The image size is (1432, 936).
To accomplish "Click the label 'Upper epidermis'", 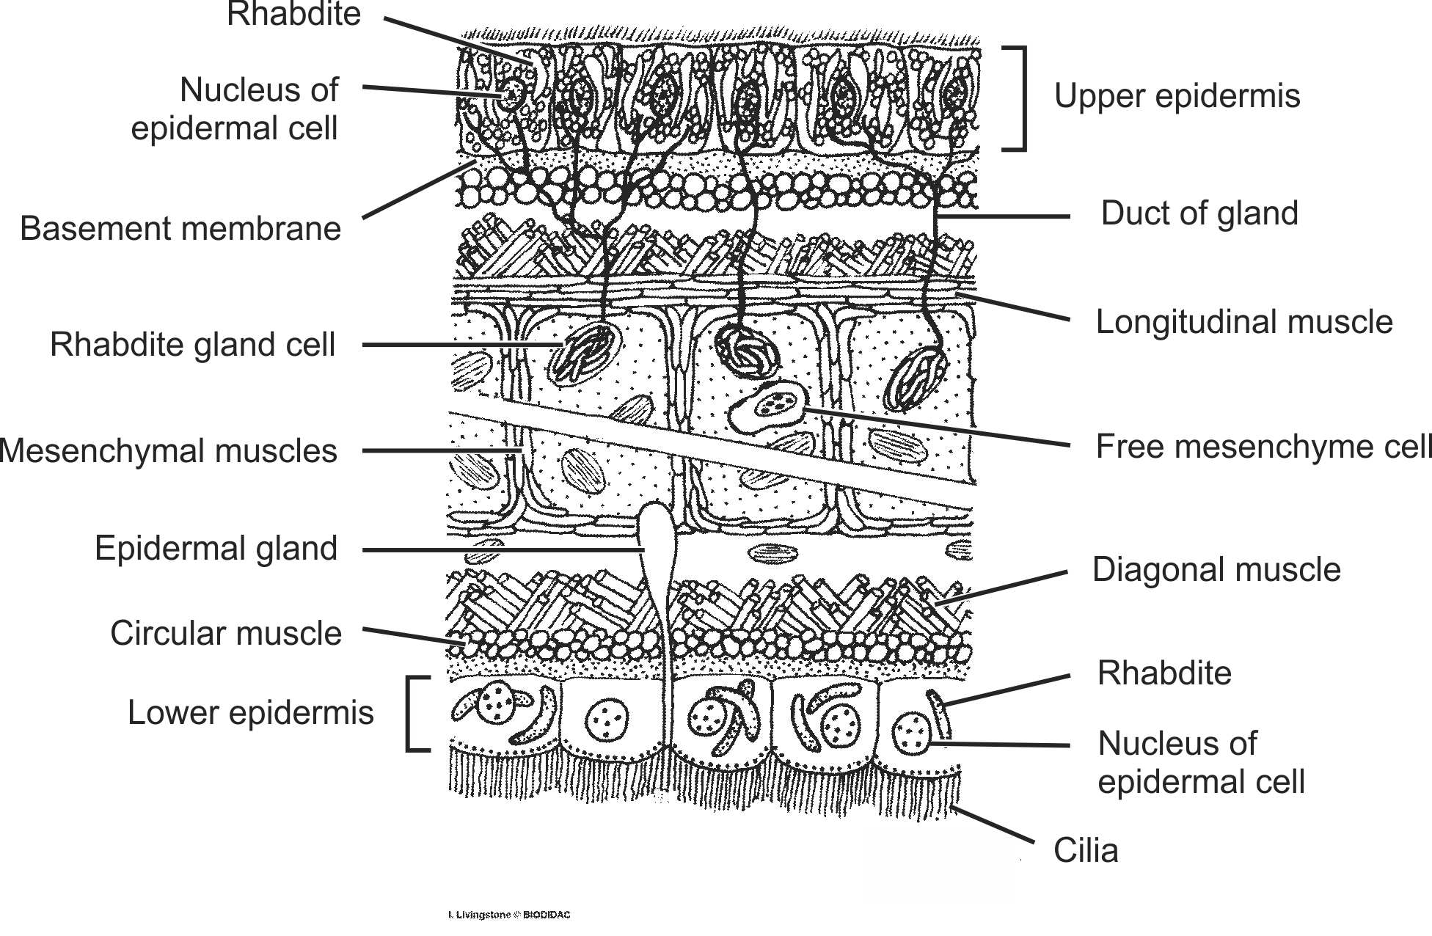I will point(1177,96).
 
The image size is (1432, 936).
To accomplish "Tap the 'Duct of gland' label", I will point(1199,213).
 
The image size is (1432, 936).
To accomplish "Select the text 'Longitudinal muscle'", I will point(1243,322).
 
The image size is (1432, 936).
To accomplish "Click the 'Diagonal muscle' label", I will point(1216,570).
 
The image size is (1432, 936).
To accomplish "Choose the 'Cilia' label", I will point(1086,851).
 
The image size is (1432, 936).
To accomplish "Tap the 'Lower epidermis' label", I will point(250,712).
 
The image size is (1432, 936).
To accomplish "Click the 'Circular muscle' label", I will point(226,633).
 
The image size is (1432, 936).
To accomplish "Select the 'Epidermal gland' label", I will point(216,549).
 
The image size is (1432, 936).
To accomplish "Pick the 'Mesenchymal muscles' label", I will point(169,451).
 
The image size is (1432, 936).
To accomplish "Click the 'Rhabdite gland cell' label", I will point(192,345).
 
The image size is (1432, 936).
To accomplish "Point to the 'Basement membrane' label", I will point(180,228).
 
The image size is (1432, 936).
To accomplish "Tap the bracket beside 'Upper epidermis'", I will point(1016,98).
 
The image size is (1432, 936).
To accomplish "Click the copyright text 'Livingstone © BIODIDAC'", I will point(508,915).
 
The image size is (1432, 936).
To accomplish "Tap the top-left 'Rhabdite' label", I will point(293,15).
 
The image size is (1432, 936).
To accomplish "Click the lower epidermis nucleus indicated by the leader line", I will point(912,734).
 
